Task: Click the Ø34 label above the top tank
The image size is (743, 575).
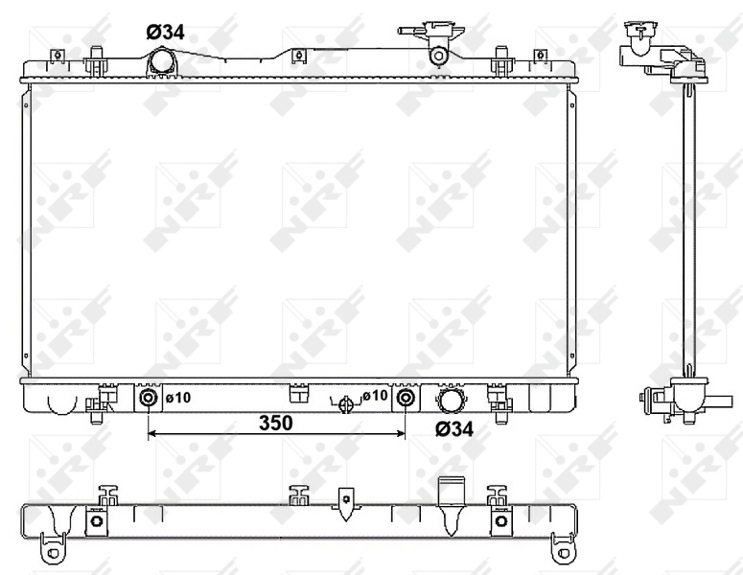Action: click(165, 32)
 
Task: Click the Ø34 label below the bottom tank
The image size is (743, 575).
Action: click(454, 430)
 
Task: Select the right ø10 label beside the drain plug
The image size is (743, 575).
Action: click(375, 396)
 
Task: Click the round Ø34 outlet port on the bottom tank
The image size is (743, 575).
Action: click(451, 399)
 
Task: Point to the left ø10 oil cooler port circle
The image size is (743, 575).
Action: click(149, 398)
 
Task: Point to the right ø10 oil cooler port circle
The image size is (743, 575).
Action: click(406, 398)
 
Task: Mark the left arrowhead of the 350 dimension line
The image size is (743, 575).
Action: click(151, 434)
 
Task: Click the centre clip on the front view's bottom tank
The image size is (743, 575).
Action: click(298, 391)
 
